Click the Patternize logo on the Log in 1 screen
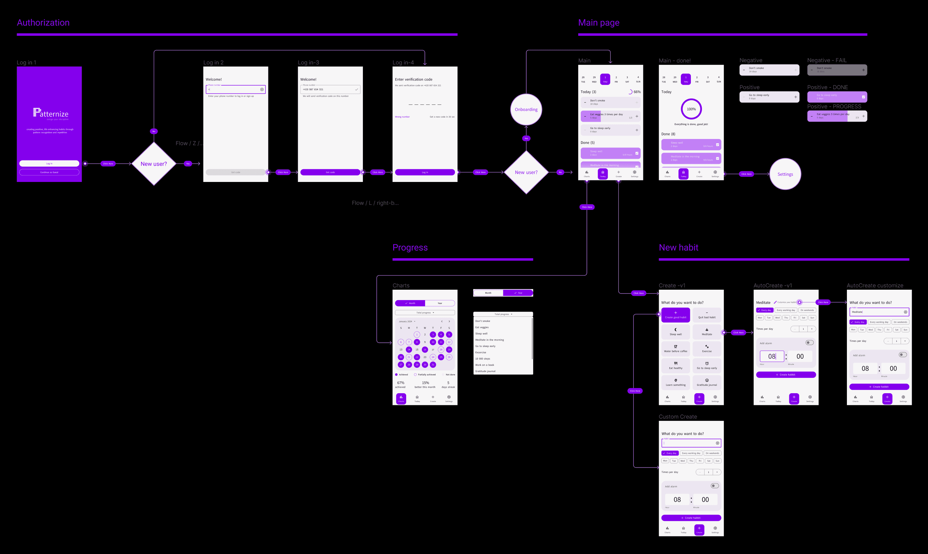click(50, 113)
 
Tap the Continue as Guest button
click(49, 173)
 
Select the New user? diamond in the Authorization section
click(153, 164)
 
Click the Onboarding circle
click(526, 109)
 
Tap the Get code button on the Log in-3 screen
click(330, 173)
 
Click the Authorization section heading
click(43, 23)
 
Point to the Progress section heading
click(410, 247)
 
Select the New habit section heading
click(678, 247)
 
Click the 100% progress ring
click(691, 109)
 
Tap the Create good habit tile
click(676, 315)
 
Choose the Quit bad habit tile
click(707, 315)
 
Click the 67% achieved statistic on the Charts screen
click(401, 384)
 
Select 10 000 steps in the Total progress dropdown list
click(483, 359)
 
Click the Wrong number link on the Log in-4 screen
click(402, 117)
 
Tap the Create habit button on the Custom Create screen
click(691, 518)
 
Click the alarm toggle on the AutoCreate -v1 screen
click(809, 343)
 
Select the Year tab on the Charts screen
click(440, 303)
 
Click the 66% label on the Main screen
click(637, 92)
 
